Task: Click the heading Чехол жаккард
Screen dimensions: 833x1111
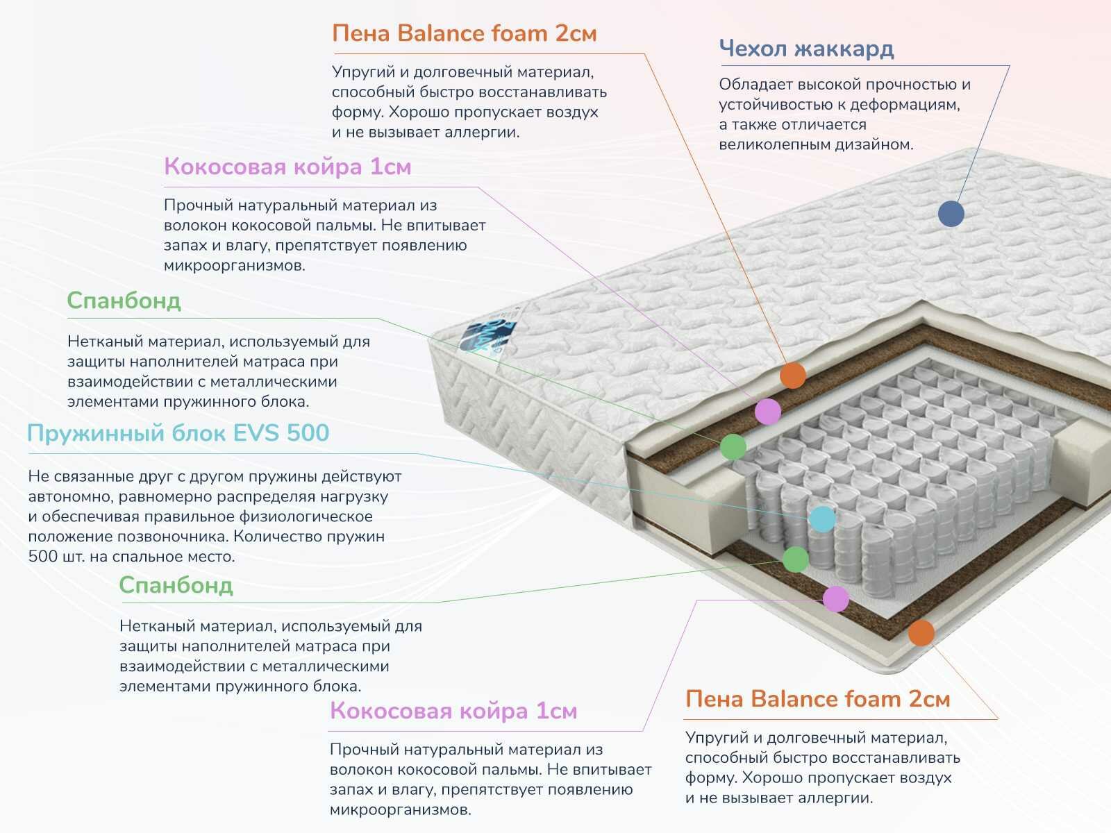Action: (x=806, y=49)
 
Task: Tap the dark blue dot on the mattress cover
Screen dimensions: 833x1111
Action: (x=951, y=213)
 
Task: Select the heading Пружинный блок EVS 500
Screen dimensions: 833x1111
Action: (x=178, y=433)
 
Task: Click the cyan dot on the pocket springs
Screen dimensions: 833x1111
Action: (x=822, y=519)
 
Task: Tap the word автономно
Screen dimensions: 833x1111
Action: (x=71, y=496)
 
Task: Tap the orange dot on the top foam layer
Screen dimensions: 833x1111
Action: (x=792, y=376)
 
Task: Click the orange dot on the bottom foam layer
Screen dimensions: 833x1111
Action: (x=921, y=632)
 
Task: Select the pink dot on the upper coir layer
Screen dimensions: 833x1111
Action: (x=767, y=411)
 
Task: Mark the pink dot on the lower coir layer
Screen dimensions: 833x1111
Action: (x=836, y=598)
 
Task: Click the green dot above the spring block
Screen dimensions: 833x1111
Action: (x=733, y=446)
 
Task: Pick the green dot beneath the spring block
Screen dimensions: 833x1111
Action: (x=796, y=559)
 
